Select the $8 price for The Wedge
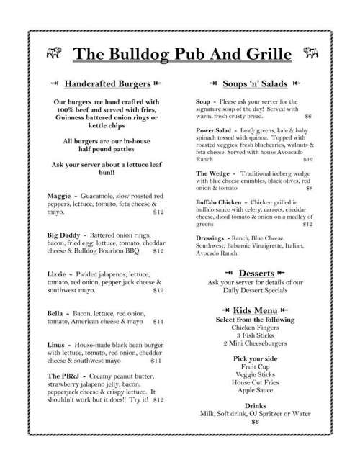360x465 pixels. (x=308, y=189)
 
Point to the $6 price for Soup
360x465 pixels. (x=307, y=116)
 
